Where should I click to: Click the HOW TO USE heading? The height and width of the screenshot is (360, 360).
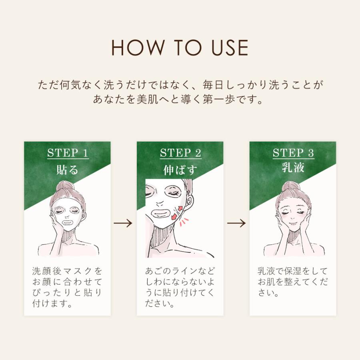click(x=180, y=48)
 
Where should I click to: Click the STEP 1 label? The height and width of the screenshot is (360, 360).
click(x=67, y=153)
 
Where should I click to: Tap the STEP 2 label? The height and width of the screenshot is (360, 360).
click(x=180, y=153)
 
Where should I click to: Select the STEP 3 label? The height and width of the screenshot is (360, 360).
click(x=293, y=153)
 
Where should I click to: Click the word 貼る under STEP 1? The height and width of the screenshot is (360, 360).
click(x=67, y=170)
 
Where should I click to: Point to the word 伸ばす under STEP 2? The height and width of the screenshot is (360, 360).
click(x=180, y=170)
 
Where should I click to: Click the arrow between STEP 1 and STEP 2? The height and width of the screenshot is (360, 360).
click(x=124, y=223)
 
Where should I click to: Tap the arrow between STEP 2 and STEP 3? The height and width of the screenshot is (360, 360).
click(x=236, y=223)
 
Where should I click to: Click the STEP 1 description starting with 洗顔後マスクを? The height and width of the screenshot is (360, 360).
click(x=67, y=287)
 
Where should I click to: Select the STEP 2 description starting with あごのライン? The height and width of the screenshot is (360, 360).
click(x=180, y=287)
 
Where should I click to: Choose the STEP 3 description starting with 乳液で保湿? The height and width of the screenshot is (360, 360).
click(x=293, y=282)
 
